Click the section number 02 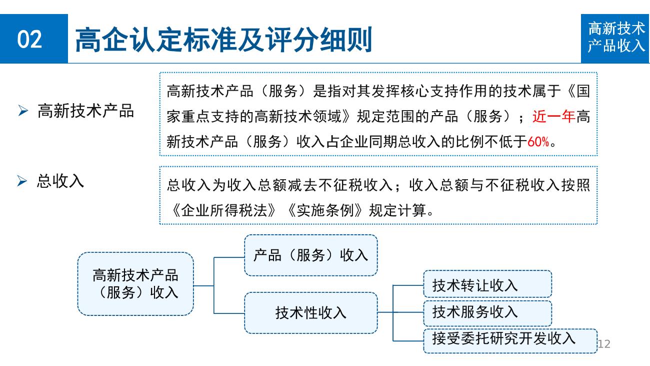[29, 39]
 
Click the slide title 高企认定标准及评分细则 [223, 40]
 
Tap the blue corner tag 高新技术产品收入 [615, 39]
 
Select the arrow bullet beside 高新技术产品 [23, 111]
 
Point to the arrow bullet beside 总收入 [22, 181]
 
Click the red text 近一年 [553, 117]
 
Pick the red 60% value [538, 142]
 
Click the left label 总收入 [60, 181]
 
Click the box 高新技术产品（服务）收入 [135, 284]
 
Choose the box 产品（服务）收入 [311, 255]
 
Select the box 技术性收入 [311, 313]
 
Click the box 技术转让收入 [487, 284]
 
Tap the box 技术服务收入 [487, 313]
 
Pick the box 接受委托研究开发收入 [510, 341]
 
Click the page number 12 [604, 344]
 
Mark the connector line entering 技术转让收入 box [408, 285]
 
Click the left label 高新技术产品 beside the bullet [85, 111]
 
